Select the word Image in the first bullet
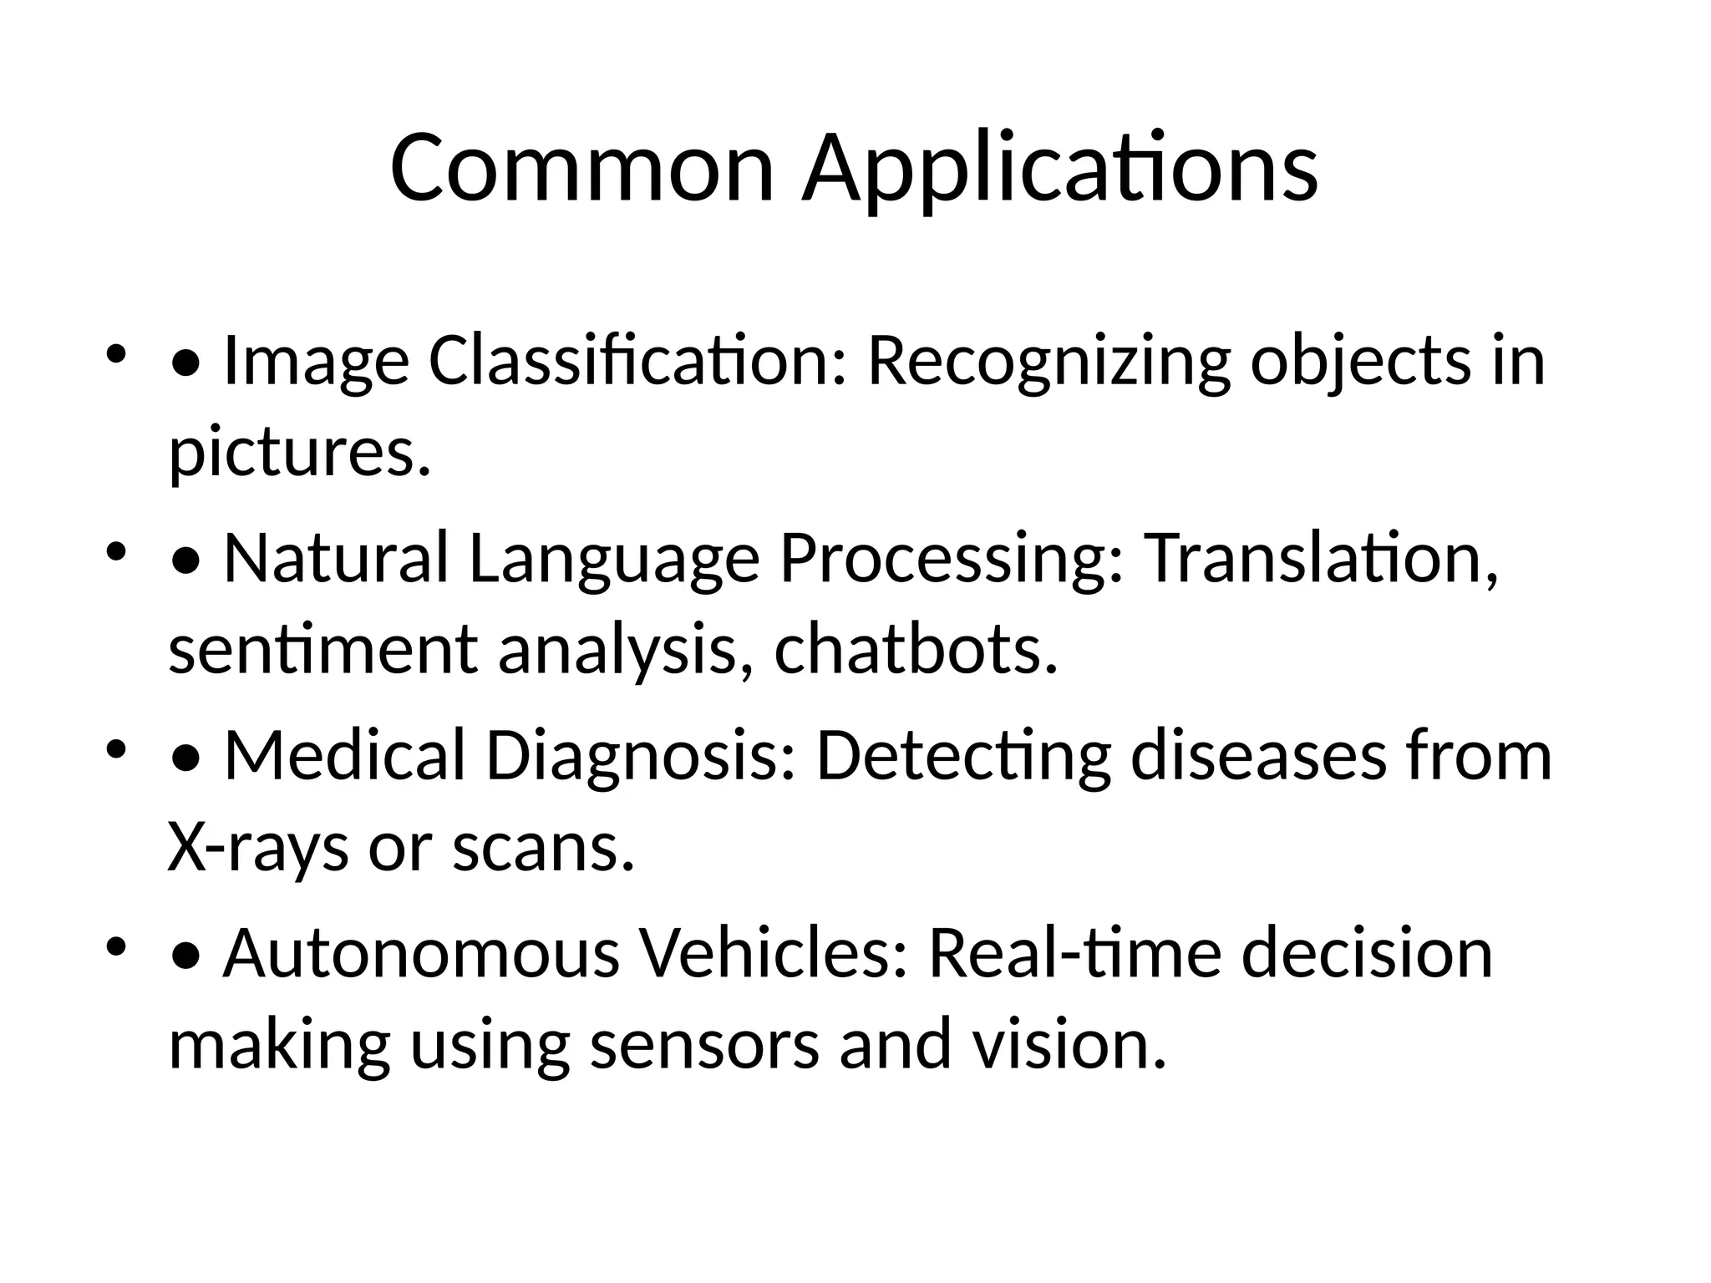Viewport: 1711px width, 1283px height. tap(316, 362)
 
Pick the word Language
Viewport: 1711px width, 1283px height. tap(614, 559)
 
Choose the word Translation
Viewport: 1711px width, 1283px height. tap(1319, 559)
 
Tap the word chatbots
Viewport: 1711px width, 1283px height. tap(916, 650)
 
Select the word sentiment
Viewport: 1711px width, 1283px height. tap(322, 650)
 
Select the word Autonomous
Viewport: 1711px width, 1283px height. tap(420, 953)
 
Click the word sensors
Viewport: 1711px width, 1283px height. tap(704, 1045)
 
